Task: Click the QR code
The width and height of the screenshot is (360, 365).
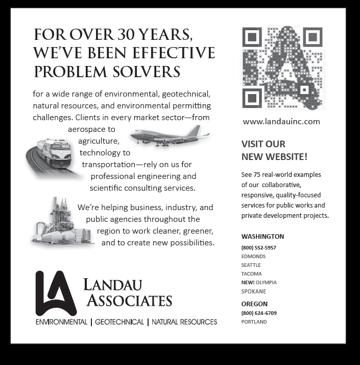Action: tap(282, 68)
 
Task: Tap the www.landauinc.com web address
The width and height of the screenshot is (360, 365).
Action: tap(281, 122)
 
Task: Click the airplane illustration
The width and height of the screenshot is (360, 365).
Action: tap(170, 136)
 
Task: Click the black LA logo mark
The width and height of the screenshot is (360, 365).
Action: tap(55, 293)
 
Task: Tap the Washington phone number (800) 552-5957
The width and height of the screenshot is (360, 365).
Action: tap(258, 248)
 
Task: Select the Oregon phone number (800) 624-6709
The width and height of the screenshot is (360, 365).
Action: tap(258, 313)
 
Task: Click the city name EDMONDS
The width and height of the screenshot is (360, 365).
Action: tap(253, 257)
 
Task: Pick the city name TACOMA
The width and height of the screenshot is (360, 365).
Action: tap(251, 274)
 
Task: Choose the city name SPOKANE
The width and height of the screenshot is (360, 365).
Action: tap(253, 291)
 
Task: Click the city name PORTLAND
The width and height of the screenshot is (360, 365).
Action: tap(254, 322)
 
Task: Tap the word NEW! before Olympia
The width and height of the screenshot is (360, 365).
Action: tap(248, 283)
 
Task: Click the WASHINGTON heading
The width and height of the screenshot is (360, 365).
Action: tap(262, 237)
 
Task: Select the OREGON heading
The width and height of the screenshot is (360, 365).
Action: tap(254, 304)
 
